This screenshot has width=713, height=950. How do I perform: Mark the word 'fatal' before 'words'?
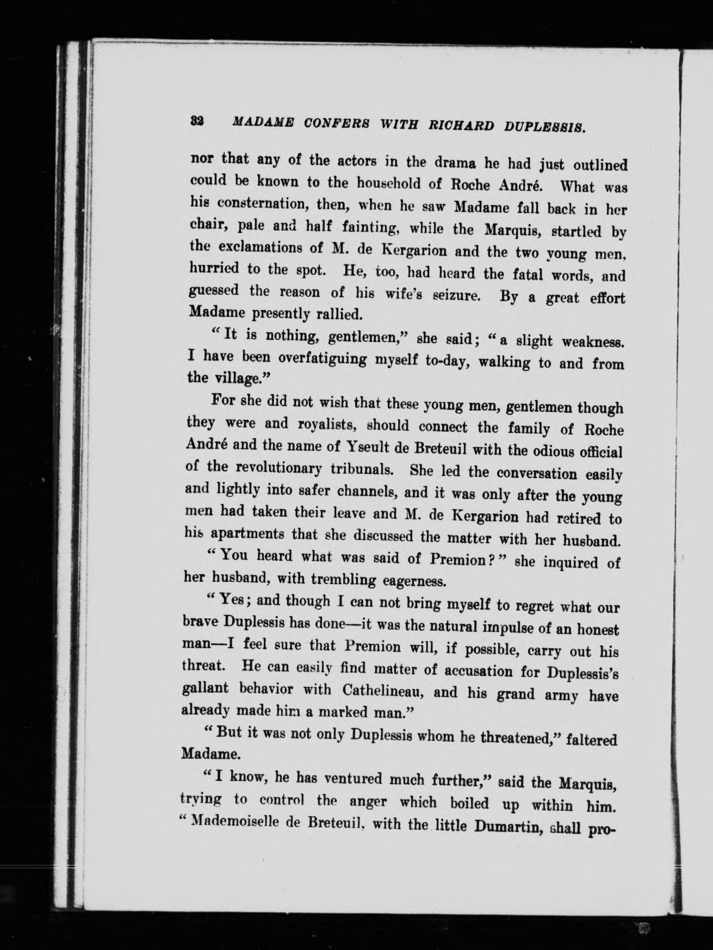528,274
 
